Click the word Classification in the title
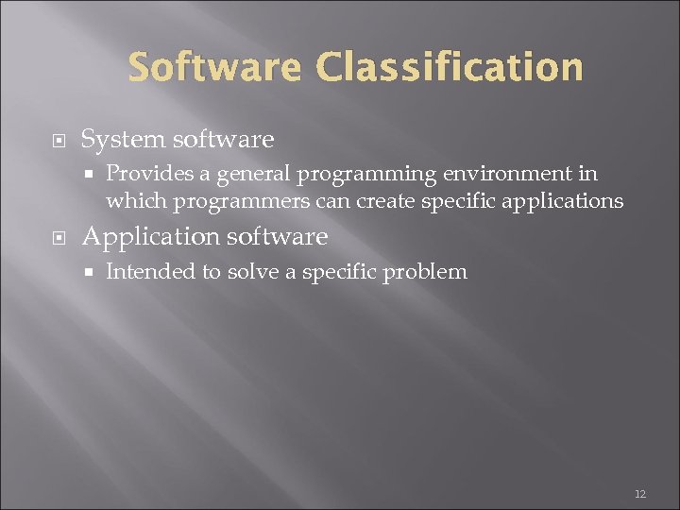point(450,68)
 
